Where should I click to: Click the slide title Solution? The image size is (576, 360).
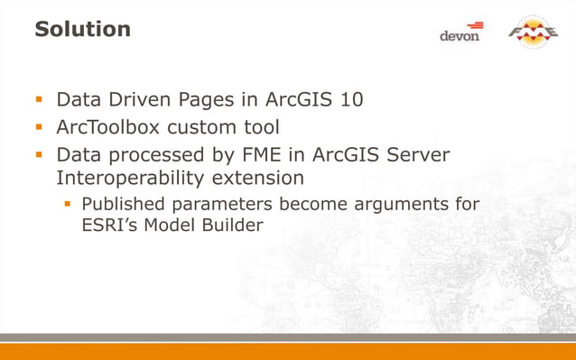(82, 29)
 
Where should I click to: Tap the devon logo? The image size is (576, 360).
(460, 32)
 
